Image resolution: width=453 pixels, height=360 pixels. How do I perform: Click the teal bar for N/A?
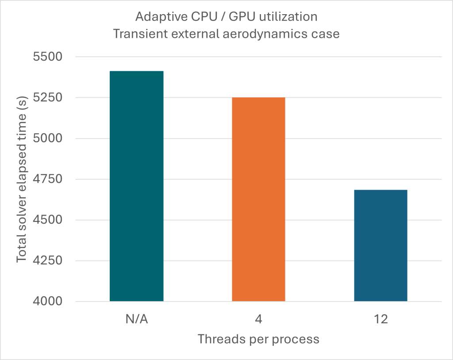pyautogui.click(x=136, y=186)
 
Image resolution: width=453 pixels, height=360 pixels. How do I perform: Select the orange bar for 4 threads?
pyautogui.click(x=258, y=199)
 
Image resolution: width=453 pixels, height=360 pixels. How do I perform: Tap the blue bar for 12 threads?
pyautogui.click(x=380, y=246)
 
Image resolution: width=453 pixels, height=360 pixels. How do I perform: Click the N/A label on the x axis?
pyautogui.click(x=136, y=320)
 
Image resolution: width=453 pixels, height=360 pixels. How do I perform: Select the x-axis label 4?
pyautogui.click(x=258, y=320)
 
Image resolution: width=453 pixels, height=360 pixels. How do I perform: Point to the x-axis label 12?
pyautogui.click(x=380, y=320)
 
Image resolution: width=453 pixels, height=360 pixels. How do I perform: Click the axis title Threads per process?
pyautogui.click(x=258, y=340)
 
